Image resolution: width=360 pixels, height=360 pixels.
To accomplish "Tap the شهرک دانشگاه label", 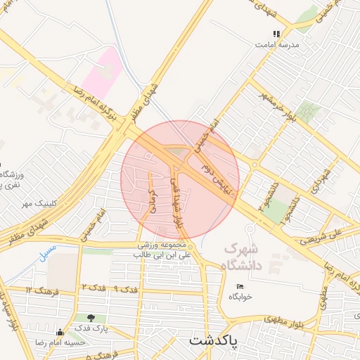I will pyautogui.click(x=241, y=257).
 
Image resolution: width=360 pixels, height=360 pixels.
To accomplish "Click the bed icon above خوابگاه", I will pyautogui.click(x=240, y=287).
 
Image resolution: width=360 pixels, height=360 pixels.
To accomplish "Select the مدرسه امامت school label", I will pyautogui.click(x=279, y=44).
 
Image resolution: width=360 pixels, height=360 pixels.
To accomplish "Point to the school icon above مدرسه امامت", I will pyautogui.click(x=277, y=33).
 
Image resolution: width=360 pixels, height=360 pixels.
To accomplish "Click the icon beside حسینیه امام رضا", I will pyautogui.click(x=60, y=332).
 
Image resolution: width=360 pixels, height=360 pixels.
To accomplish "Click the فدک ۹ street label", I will pyautogui.click(x=127, y=289).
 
